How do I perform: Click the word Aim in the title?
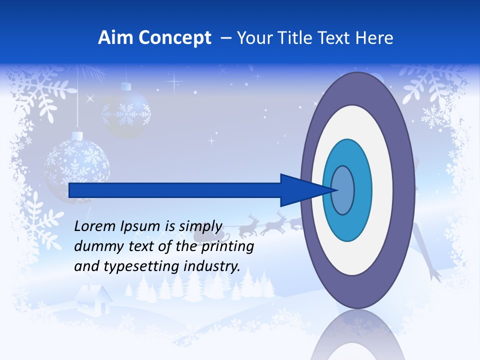click(115, 38)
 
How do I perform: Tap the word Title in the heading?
click(303, 38)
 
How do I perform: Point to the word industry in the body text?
click(212, 266)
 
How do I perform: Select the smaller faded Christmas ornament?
click(126, 112)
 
